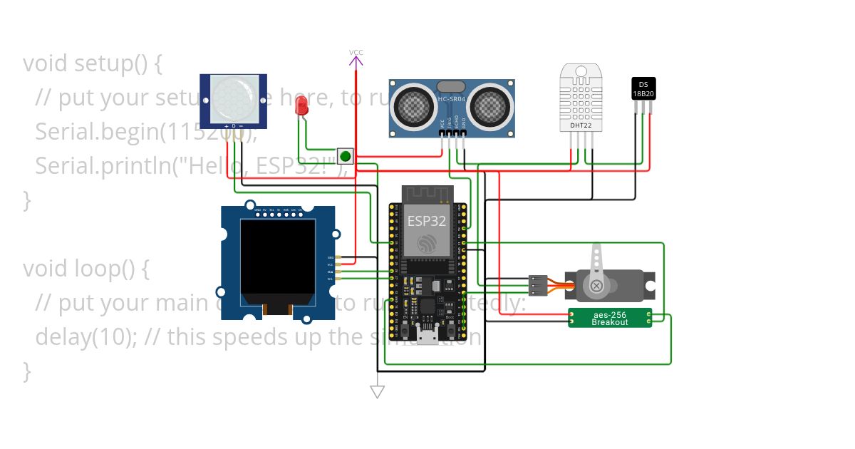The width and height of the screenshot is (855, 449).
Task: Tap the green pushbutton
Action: pos(346,156)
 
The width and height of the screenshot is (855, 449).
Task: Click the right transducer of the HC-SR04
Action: pos(490,107)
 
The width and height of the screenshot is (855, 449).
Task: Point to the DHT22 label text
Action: pos(581,125)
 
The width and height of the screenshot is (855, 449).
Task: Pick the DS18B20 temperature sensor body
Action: pos(643,88)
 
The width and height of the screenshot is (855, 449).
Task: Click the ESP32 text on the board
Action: pos(427,221)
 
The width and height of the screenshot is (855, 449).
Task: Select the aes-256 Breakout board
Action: pos(610,318)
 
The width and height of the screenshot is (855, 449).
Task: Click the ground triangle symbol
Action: pos(378,391)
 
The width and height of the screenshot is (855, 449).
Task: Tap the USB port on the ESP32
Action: pos(427,336)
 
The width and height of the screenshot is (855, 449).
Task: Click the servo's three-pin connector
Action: pos(539,285)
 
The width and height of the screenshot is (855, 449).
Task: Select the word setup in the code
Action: pos(103,64)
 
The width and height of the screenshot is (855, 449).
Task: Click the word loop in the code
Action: pos(95,269)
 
